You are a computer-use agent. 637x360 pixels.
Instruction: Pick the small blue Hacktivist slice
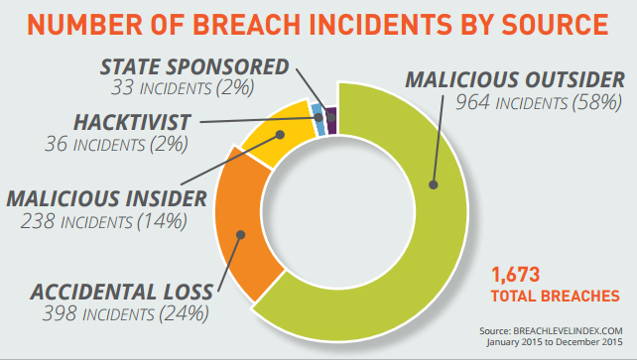pyautogui.click(x=317, y=112)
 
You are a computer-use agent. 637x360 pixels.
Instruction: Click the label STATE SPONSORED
pyautogui.click(x=193, y=67)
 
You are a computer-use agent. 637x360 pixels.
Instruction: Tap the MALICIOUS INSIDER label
pyautogui.click(x=105, y=196)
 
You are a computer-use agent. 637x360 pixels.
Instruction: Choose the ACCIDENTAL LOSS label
pyautogui.click(x=121, y=292)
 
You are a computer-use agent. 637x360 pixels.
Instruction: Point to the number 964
pyautogui.click(x=470, y=101)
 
